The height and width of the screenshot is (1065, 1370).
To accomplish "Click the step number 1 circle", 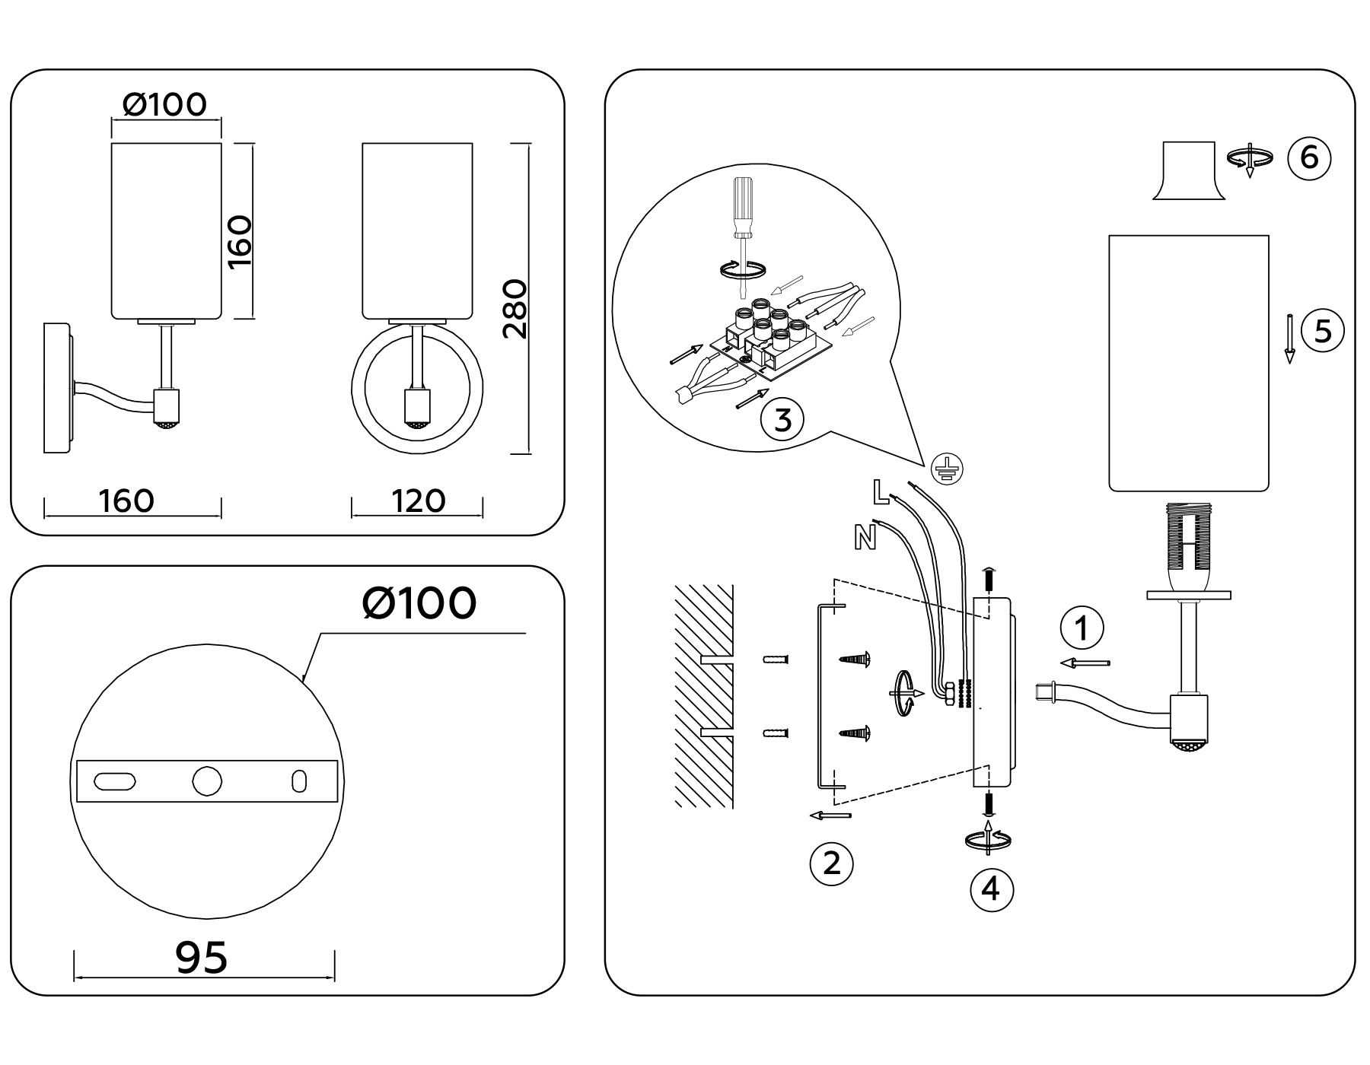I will pyautogui.click(x=1082, y=628).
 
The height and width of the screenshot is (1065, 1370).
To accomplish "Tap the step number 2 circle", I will pyautogui.click(x=831, y=863).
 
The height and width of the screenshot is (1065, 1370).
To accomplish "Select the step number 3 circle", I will pyautogui.click(x=782, y=420).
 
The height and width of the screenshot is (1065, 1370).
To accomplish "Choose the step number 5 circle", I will pyautogui.click(x=1323, y=332).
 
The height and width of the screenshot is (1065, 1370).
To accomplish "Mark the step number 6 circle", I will pyautogui.click(x=1309, y=157).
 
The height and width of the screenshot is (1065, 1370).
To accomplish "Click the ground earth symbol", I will pyautogui.click(x=947, y=469).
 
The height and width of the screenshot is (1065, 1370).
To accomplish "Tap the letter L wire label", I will pyautogui.click(x=881, y=493).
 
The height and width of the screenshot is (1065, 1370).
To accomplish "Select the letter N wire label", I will pyautogui.click(x=865, y=538).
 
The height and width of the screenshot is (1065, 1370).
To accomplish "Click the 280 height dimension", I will pyautogui.click(x=516, y=308).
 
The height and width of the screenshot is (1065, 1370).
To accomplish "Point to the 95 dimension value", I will pyautogui.click(x=202, y=958).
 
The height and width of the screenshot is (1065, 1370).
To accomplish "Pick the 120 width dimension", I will pyautogui.click(x=418, y=501).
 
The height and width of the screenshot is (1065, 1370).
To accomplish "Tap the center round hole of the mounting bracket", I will pyautogui.click(x=207, y=781).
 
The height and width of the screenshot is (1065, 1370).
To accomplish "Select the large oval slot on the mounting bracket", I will pyautogui.click(x=115, y=781).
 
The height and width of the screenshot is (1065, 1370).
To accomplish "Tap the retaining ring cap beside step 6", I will pyautogui.click(x=1188, y=171).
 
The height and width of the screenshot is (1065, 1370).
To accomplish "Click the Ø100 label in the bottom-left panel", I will pyautogui.click(x=419, y=603).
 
